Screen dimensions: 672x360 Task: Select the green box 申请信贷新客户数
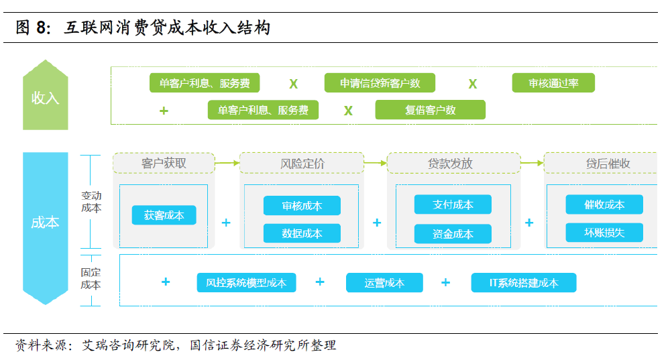click(x=380, y=82)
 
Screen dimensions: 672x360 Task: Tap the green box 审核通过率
click(x=553, y=82)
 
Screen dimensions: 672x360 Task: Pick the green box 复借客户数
click(x=431, y=110)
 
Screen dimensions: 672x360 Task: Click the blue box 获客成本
click(x=164, y=215)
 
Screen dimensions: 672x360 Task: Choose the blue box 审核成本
click(x=302, y=206)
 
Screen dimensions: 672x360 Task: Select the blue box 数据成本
click(x=302, y=233)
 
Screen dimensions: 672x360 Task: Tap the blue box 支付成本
click(x=453, y=204)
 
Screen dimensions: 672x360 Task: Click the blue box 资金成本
click(x=453, y=233)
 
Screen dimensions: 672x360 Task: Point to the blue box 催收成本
click(x=604, y=204)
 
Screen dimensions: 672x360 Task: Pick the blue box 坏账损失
click(x=604, y=232)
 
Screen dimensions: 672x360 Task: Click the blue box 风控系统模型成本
click(x=246, y=282)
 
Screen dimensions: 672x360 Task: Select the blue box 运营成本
click(x=384, y=282)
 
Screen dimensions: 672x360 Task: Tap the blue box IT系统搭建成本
click(x=524, y=282)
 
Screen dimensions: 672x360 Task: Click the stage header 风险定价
click(x=302, y=164)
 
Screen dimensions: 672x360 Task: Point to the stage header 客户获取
click(x=164, y=164)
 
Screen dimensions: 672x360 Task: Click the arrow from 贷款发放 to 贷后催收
click(x=533, y=163)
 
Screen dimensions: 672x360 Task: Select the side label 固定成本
click(x=91, y=279)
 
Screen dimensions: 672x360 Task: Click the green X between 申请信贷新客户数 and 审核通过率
click(x=473, y=84)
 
